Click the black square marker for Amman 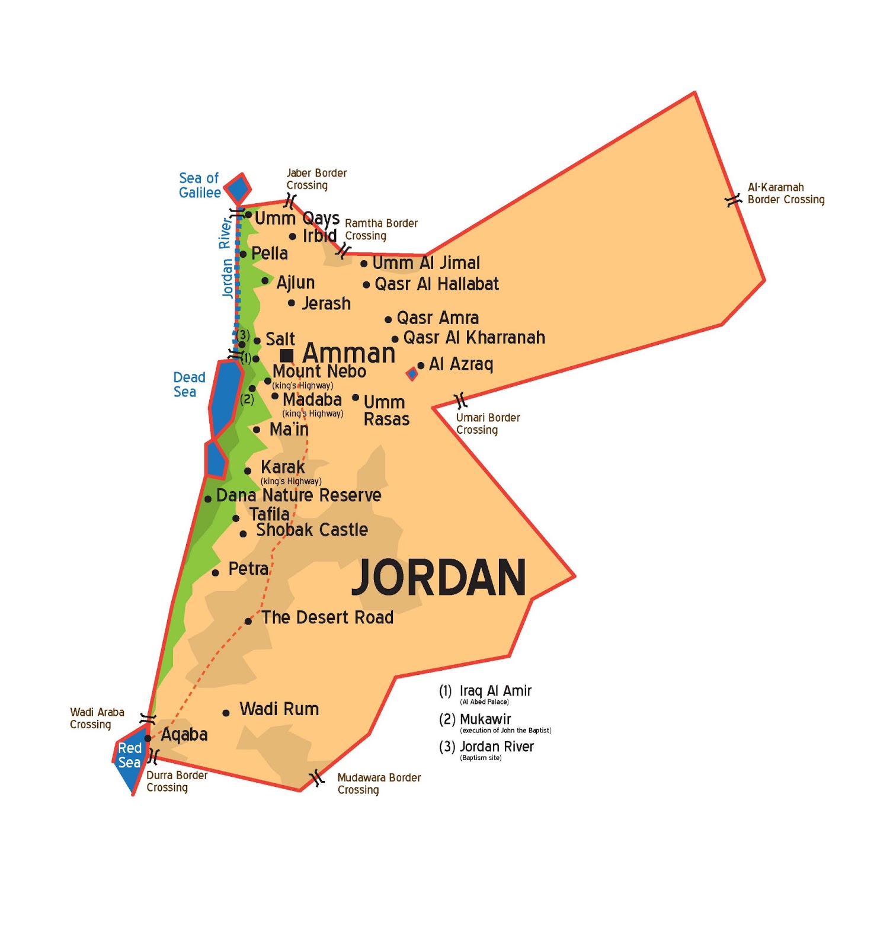[x=287, y=355]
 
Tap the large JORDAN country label [x=439, y=578]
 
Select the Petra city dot [x=216, y=572]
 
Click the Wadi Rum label [x=279, y=709]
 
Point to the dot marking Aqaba [x=148, y=738]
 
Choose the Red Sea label [x=129, y=755]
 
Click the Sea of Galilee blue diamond [x=238, y=189]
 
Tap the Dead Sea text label [x=189, y=385]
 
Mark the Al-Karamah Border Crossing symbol [x=734, y=200]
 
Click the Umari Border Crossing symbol [x=460, y=401]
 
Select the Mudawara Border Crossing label [x=379, y=783]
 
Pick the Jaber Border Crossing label [x=316, y=179]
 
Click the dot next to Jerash [x=292, y=303]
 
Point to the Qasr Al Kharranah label [x=474, y=338]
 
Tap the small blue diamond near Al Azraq [x=412, y=374]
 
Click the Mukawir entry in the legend [x=485, y=719]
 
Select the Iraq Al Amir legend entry [x=495, y=691]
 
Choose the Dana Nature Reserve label [x=299, y=495]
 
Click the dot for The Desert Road [x=248, y=622]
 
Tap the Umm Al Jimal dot [x=364, y=264]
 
